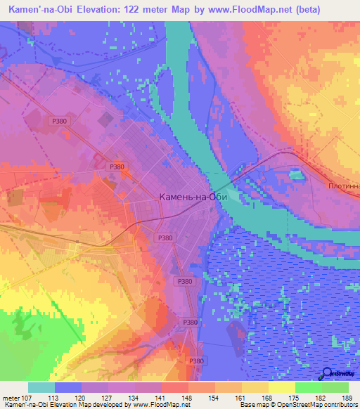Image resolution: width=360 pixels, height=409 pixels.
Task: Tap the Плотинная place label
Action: pyautogui.click(x=344, y=186)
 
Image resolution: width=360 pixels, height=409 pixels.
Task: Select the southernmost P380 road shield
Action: pyautogui.click(x=196, y=361)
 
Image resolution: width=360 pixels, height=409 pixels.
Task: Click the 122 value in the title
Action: pyautogui.click(x=131, y=10)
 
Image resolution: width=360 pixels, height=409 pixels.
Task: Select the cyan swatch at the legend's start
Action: pyautogui.click(x=41, y=387)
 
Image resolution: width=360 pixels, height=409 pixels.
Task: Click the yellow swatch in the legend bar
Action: pyautogui.click(x=281, y=387)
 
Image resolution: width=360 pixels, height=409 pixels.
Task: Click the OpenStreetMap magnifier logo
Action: pyautogui.click(x=326, y=374)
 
